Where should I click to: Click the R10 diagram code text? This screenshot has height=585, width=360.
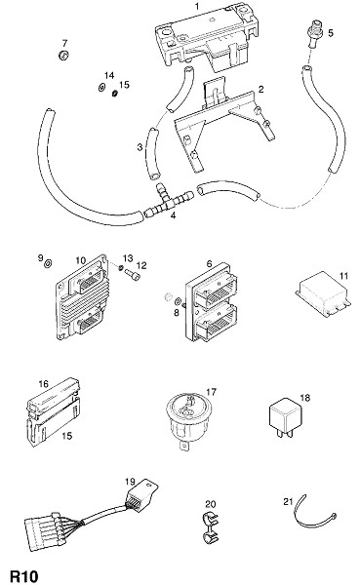click(24, 576)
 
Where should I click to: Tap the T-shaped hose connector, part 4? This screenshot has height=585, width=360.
click(169, 202)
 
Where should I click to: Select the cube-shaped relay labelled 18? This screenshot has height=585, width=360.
click(285, 418)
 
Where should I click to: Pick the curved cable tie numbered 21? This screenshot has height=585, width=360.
click(316, 513)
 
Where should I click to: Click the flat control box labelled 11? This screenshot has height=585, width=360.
click(323, 294)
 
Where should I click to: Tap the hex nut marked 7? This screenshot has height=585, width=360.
click(63, 56)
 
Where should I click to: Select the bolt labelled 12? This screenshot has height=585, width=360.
click(133, 275)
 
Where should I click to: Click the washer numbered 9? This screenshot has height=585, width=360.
click(48, 264)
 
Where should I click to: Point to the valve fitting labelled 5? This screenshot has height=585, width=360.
click(314, 33)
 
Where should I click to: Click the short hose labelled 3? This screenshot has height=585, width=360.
click(152, 153)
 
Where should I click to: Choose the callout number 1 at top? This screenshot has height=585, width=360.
click(197, 6)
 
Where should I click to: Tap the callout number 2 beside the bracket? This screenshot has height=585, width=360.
click(260, 89)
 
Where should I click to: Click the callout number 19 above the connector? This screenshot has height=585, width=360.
click(130, 482)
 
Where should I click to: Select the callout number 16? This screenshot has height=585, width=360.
click(43, 384)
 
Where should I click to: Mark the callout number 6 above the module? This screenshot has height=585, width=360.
click(209, 264)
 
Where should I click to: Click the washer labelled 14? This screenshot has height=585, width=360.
click(101, 88)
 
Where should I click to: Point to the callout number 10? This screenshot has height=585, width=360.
click(81, 260)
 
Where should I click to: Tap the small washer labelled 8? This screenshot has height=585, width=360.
click(178, 301)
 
